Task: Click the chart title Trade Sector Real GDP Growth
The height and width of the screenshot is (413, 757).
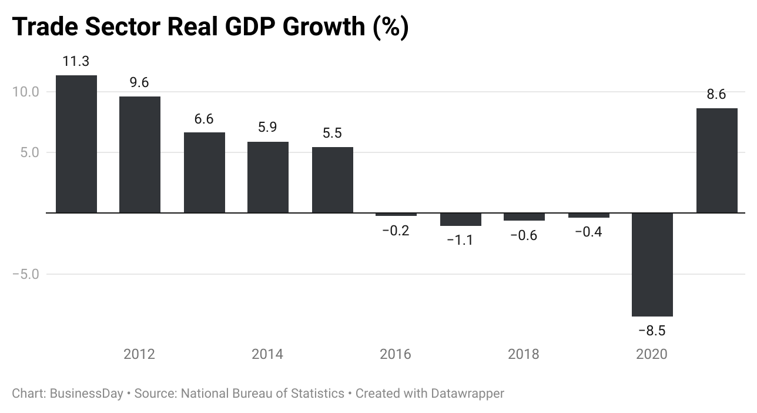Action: (x=210, y=27)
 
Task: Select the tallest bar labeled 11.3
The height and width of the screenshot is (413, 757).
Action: (x=76, y=144)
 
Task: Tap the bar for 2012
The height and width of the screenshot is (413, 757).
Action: (x=140, y=154)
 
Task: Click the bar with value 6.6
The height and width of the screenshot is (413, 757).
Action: (x=204, y=172)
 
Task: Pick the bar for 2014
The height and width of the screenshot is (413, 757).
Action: (x=268, y=177)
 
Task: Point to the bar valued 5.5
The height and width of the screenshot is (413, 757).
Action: (x=332, y=179)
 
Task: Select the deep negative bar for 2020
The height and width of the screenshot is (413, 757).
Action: (x=652, y=264)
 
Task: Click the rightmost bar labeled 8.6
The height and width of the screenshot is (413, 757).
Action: (x=716, y=160)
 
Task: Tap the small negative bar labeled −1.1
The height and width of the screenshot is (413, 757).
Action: (x=460, y=219)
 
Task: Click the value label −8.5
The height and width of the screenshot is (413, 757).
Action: (x=652, y=331)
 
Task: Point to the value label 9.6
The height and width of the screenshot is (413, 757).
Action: (x=139, y=83)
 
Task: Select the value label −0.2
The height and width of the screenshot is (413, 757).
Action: (x=396, y=231)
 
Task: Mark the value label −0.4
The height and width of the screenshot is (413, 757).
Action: (x=588, y=232)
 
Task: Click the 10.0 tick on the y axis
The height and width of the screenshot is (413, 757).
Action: (x=25, y=92)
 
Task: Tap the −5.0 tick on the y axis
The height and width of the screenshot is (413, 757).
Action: (x=25, y=274)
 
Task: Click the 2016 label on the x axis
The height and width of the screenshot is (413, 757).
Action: (x=396, y=354)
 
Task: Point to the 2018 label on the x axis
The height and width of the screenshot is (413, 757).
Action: (x=524, y=354)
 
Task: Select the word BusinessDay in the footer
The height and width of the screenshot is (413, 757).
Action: (x=86, y=393)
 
